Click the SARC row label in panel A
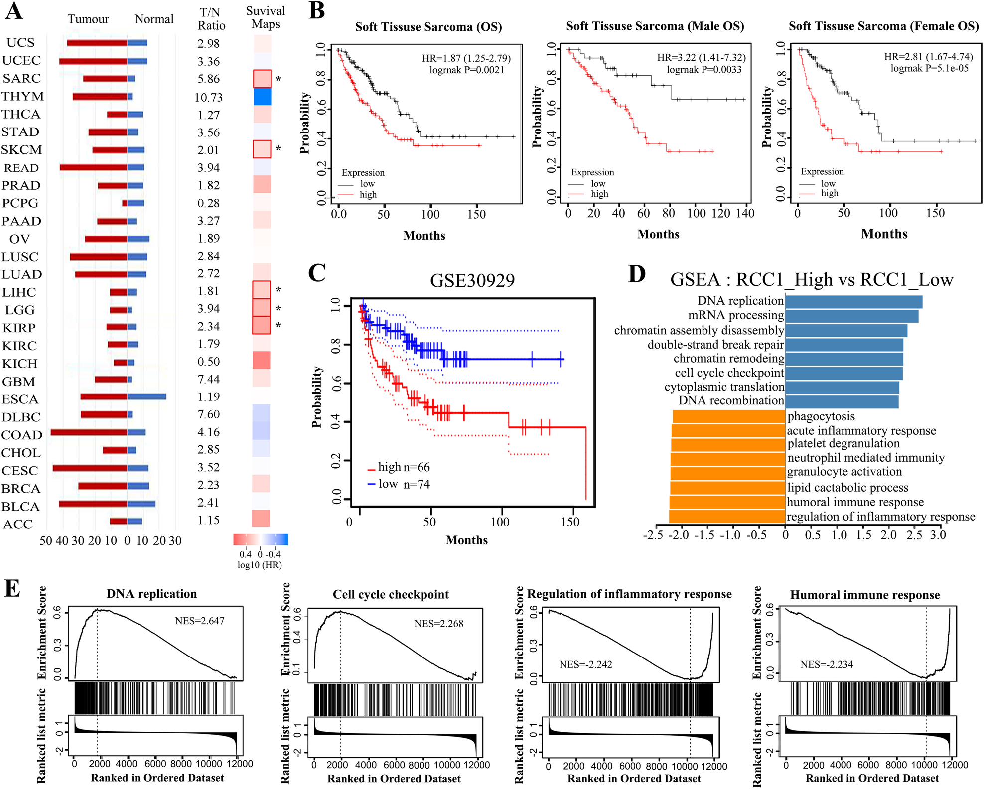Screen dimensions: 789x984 coord(21,79)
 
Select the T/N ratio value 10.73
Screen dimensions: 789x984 coord(208,98)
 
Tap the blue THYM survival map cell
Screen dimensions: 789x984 coord(262,97)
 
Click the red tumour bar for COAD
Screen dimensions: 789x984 coord(89,432)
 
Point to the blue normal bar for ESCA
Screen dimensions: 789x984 coord(146,397)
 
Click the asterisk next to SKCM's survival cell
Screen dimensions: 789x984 coord(278,149)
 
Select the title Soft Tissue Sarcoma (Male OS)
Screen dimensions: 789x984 coord(655,26)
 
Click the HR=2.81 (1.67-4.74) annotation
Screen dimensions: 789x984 coord(928,57)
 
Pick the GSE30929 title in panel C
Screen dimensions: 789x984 coord(472,281)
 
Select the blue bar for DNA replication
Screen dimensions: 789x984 coord(853,302)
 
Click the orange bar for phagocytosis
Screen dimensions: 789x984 coord(728,416)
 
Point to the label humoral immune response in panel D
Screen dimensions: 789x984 coord(855,502)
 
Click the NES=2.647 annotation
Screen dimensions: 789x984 coord(199,621)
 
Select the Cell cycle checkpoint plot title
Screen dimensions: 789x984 coord(391,594)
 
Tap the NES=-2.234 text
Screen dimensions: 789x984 coord(826,664)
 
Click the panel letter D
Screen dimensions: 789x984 coord(637,274)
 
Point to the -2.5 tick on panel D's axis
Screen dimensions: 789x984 coord(653,535)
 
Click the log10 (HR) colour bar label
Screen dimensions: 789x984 coord(260,565)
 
